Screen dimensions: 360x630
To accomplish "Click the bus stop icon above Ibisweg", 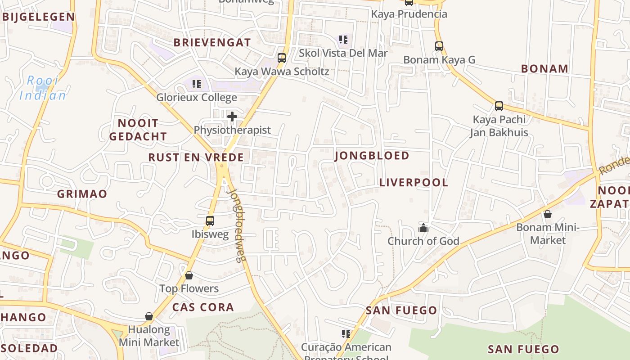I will (x=210, y=221).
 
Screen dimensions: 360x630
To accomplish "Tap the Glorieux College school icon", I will (x=196, y=84).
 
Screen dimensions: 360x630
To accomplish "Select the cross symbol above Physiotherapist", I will (x=232, y=117).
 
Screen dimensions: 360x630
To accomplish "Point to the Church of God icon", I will (x=423, y=228).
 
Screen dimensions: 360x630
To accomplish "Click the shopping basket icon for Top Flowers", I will (x=189, y=275).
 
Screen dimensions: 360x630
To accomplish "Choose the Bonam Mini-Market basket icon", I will (x=548, y=214).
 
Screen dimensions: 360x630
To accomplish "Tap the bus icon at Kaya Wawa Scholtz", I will (x=282, y=58).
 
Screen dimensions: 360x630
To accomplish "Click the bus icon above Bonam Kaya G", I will (x=439, y=46).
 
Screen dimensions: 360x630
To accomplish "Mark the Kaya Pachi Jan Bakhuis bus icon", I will (x=499, y=106).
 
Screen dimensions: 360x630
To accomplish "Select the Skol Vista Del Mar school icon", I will (x=343, y=40).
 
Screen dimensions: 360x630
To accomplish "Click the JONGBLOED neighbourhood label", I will (x=372, y=156).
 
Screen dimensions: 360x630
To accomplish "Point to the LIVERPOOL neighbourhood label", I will (x=414, y=182).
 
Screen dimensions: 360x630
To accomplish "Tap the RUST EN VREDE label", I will (x=196, y=157).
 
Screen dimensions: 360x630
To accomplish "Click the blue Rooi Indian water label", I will (x=43, y=88).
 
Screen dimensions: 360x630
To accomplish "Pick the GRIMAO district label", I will (x=82, y=194).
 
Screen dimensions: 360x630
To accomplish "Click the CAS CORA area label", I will (x=203, y=307).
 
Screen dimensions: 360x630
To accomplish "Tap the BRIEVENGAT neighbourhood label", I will (x=212, y=43).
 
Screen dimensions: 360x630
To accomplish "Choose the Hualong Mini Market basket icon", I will (x=149, y=317).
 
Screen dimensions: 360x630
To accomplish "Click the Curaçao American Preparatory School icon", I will (x=346, y=334).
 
